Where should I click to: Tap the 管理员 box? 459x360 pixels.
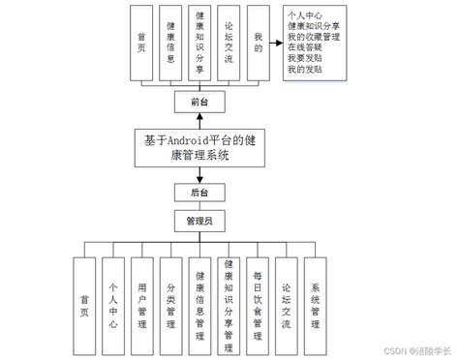click(x=199, y=222)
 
